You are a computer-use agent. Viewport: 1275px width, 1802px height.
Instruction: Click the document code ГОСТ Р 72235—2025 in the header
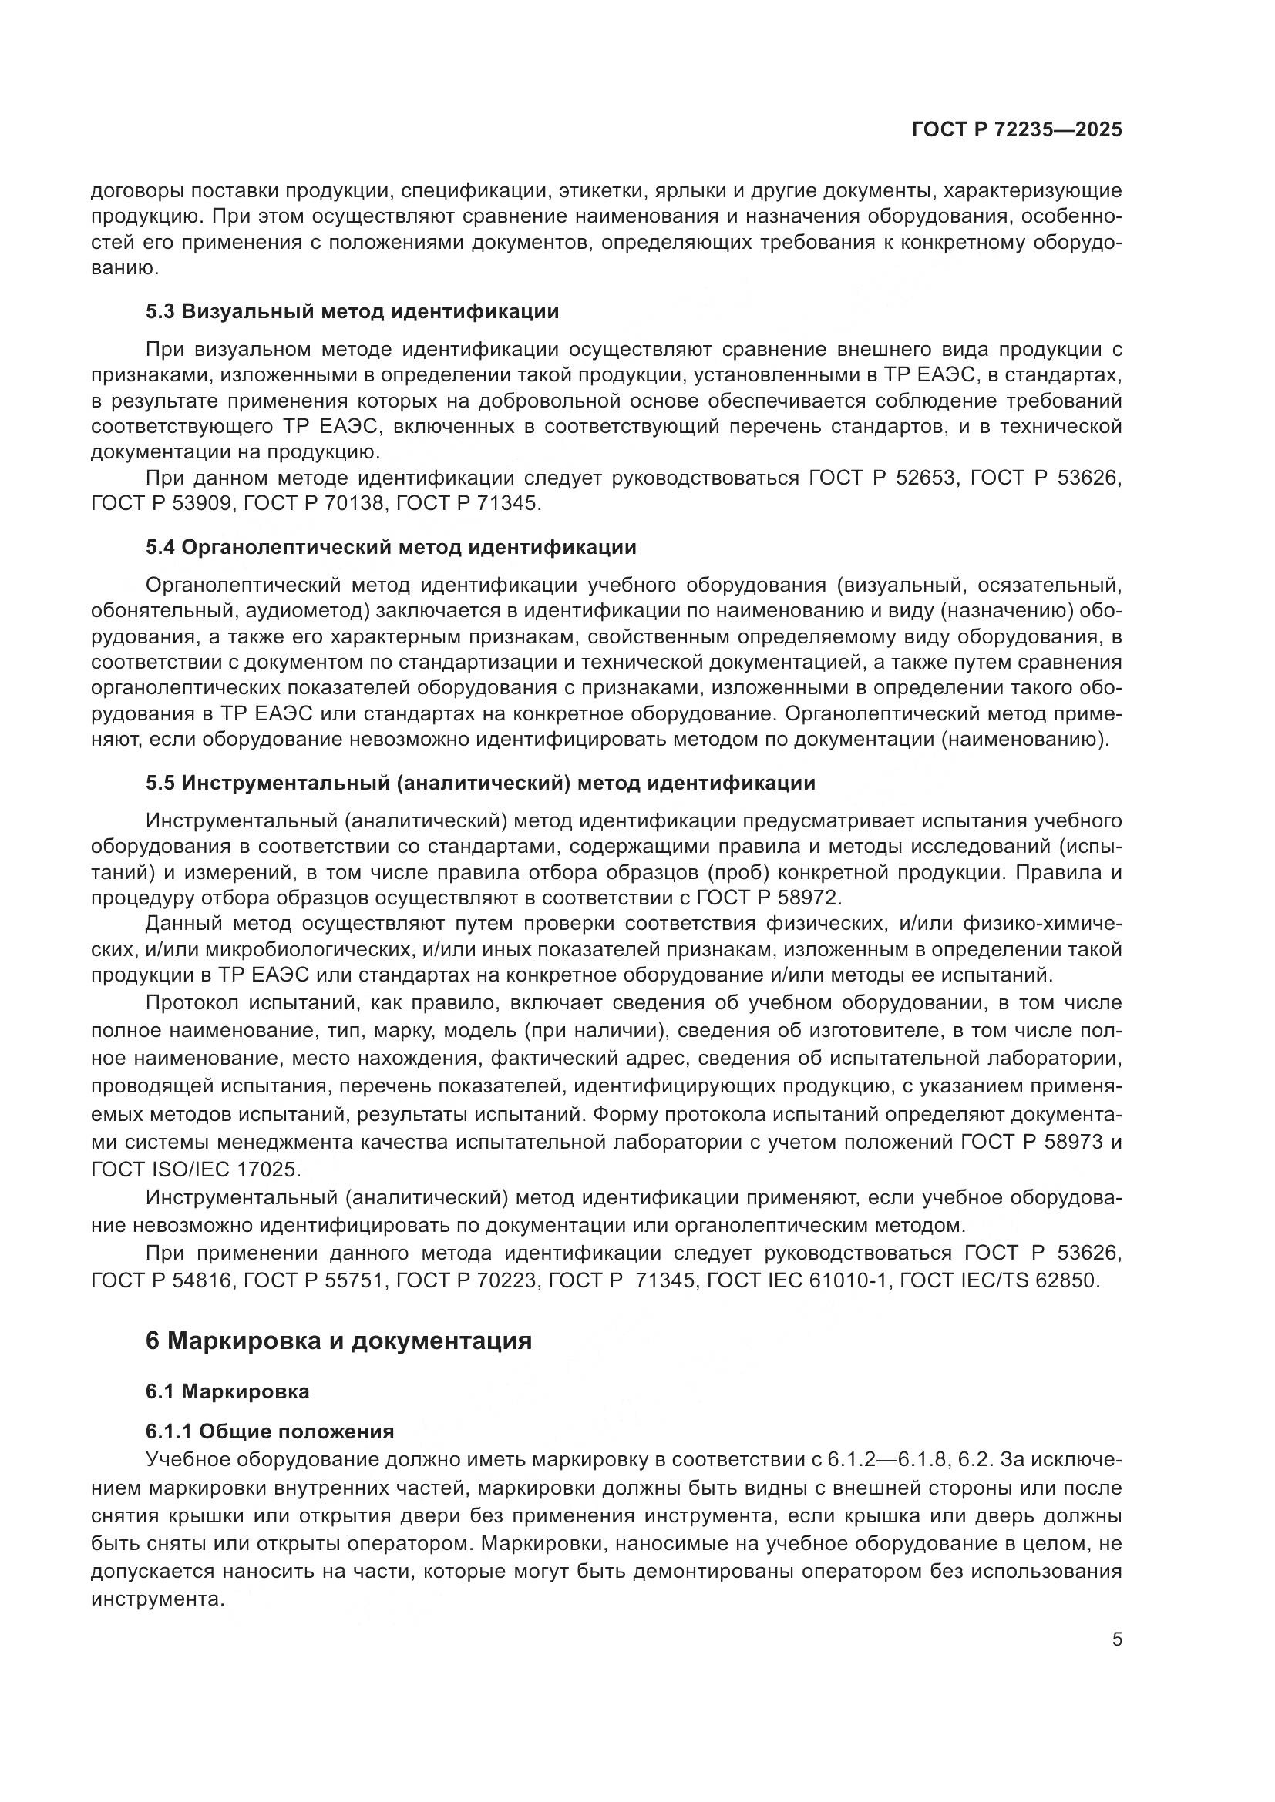tap(1017, 130)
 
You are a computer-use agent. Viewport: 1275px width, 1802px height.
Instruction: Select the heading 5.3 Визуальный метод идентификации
tap(352, 311)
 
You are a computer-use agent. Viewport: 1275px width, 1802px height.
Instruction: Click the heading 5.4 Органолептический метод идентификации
tap(391, 547)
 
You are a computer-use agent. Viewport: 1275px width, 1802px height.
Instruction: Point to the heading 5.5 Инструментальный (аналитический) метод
tap(480, 783)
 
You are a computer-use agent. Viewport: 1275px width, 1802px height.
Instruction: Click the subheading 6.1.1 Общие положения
tap(269, 1431)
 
